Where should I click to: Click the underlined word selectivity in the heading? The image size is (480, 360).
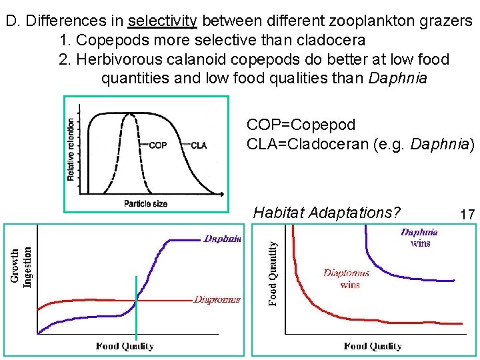(x=167, y=21)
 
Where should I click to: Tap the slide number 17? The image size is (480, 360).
(x=467, y=214)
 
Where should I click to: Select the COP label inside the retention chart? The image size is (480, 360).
(x=157, y=145)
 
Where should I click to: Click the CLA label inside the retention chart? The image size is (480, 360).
(x=199, y=145)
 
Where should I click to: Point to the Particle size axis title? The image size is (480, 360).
(x=145, y=203)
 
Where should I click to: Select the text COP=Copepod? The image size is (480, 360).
(x=301, y=125)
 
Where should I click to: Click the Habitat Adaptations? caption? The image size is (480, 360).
(x=327, y=213)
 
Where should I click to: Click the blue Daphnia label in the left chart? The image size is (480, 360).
(x=222, y=239)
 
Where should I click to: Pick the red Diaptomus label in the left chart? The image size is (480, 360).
(x=217, y=299)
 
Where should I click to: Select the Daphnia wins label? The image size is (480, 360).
(x=419, y=237)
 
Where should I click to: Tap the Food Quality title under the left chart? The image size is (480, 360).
(x=125, y=346)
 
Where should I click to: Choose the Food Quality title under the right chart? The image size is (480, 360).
(x=373, y=346)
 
